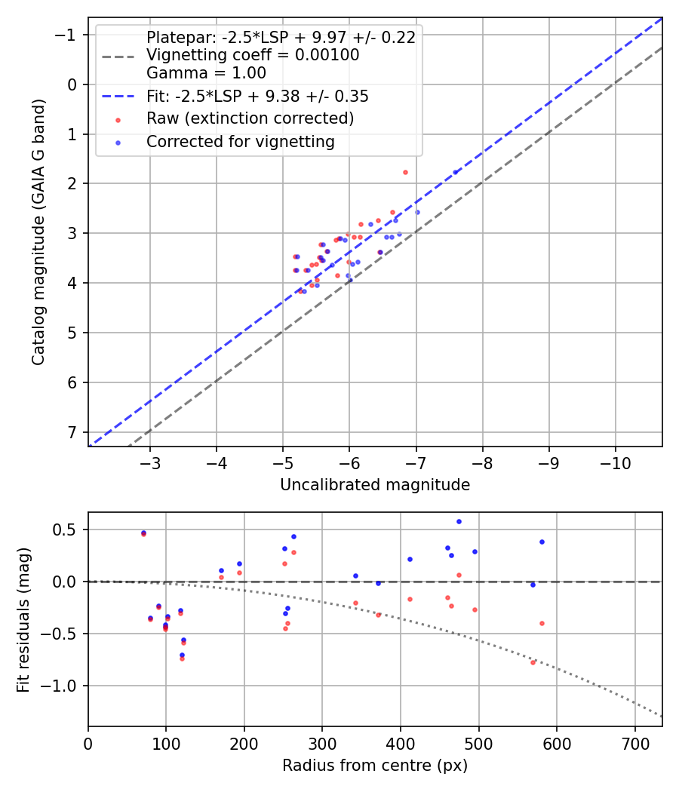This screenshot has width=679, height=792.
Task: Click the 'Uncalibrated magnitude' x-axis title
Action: pyautogui.click(x=375, y=485)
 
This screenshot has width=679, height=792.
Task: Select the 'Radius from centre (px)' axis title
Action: pyautogui.click(x=375, y=766)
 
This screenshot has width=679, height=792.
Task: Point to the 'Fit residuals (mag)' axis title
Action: pyautogui.click(x=23, y=619)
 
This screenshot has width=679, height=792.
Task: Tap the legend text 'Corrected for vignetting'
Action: pyautogui.click(x=240, y=142)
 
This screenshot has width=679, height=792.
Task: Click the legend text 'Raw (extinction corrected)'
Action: pyautogui.click(x=250, y=118)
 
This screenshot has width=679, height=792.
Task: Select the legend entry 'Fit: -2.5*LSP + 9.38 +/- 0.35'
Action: pyautogui.click(x=257, y=97)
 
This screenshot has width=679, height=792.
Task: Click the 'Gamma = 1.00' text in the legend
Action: pyautogui.click(x=206, y=73)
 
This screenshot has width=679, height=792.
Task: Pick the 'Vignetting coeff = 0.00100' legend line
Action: pyautogui.click(x=253, y=55)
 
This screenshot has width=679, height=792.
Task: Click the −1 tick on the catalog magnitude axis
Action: pyautogui.click(x=68, y=35)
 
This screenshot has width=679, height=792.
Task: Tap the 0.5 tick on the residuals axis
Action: pyautogui.click(x=69, y=530)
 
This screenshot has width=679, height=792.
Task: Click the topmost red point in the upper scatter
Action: pyautogui.click(x=405, y=172)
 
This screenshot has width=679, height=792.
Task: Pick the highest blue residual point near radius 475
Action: pyautogui.click(x=459, y=521)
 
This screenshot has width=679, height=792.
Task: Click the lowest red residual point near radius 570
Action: pyautogui.click(x=533, y=662)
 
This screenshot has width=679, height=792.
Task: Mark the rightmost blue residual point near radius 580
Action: pyautogui.click(x=542, y=542)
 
